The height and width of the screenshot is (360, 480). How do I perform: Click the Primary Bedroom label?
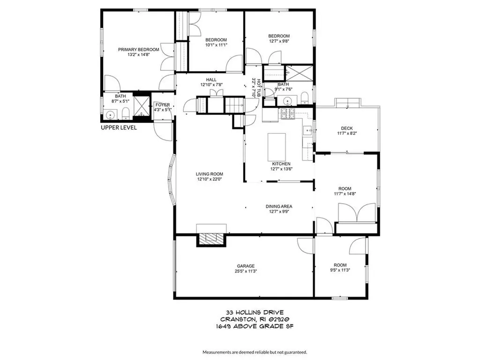coord(138,49)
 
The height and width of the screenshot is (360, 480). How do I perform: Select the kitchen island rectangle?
coord(277,147)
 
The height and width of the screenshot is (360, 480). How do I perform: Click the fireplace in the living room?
coord(211,239)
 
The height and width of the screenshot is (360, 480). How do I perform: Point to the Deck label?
coord(346,128)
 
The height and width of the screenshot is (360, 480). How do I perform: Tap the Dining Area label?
coord(279,206)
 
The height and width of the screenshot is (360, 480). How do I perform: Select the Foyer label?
coord(163,105)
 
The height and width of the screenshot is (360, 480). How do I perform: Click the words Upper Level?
coord(119,127)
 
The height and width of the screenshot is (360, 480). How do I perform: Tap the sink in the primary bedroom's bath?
coord(111,114)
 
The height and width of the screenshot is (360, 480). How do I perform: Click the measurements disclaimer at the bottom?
coord(255,352)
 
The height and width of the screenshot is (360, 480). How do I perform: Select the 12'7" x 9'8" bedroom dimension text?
coord(279,41)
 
